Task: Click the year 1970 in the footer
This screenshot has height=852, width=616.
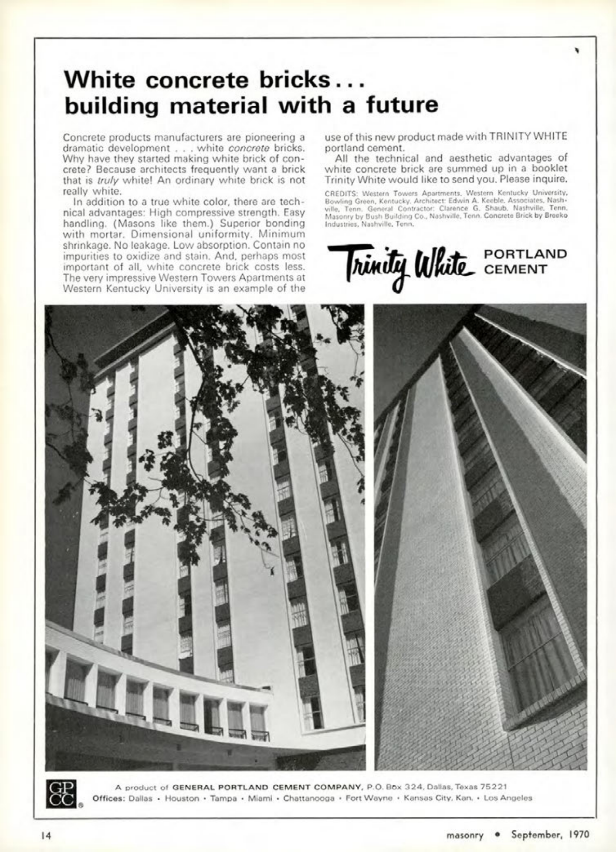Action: point(579,835)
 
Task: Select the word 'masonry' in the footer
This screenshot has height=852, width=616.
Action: point(465,835)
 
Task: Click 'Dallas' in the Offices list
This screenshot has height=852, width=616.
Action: point(141,798)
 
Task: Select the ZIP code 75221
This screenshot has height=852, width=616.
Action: point(493,787)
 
